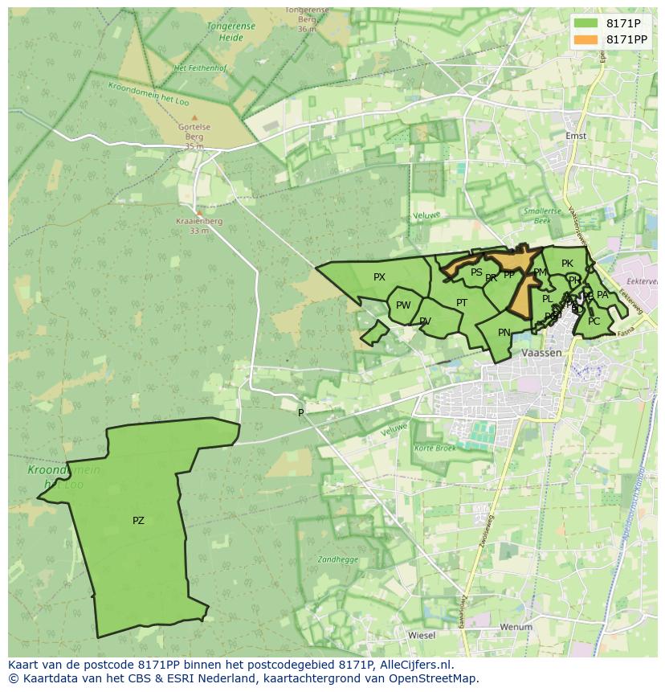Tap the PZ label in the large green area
pyautogui.click(x=138, y=521)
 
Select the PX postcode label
pyautogui.click(x=379, y=277)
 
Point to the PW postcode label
pyautogui.click(x=403, y=305)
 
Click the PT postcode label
pyautogui.click(x=462, y=303)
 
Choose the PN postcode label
pyautogui.click(x=504, y=333)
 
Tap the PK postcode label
pyautogui.click(x=567, y=264)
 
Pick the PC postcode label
pyautogui.click(x=594, y=321)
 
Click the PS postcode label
pyautogui.click(x=476, y=272)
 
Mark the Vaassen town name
pyautogui.click(x=541, y=353)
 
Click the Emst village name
pyautogui.click(x=576, y=136)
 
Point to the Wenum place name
pyautogui.click(x=516, y=627)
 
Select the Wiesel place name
pyautogui.click(x=422, y=635)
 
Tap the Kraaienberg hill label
pyautogui.click(x=199, y=221)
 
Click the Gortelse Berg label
pyautogui.click(x=194, y=127)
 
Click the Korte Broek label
pyautogui.click(x=435, y=447)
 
